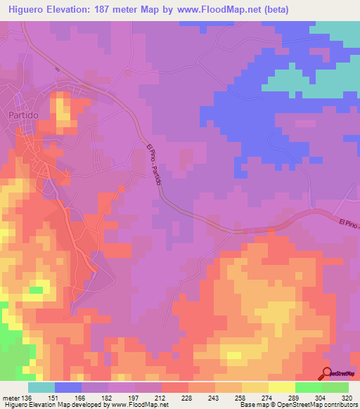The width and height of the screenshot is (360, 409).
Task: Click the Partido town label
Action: pyautogui.click(x=23, y=115)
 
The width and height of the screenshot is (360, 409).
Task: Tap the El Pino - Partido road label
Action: pyautogui.click(x=155, y=165)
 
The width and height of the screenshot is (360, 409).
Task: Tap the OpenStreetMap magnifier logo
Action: pyautogui.click(x=328, y=375)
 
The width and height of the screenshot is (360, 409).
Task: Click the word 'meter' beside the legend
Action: pyautogui.click(x=11, y=397)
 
